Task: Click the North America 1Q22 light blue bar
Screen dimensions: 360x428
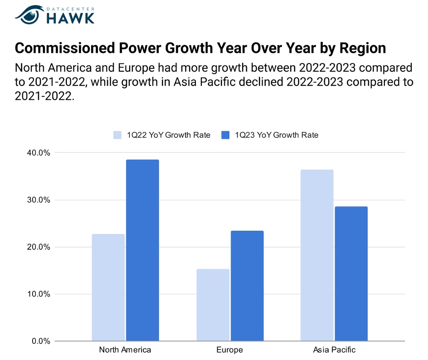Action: click(108, 287)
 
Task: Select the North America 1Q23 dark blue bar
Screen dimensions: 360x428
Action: click(142, 250)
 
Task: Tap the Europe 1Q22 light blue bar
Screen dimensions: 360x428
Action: click(213, 305)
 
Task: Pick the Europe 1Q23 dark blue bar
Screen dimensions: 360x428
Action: click(247, 286)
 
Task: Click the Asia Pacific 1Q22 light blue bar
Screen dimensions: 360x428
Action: click(317, 255)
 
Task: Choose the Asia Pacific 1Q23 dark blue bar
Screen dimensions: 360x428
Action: click(351, 273)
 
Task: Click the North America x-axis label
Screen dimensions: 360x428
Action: click(125, 350)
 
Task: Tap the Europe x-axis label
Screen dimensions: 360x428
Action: click(230, 350)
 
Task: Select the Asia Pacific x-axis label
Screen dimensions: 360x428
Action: click(334, 350)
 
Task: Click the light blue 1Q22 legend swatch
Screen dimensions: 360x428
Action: click(118, 135)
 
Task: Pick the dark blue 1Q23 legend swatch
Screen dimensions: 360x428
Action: click(225, 135)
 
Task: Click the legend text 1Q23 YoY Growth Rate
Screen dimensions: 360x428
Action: click(277, 135)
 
